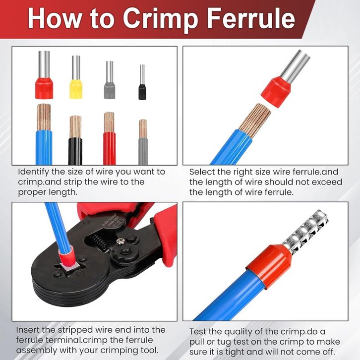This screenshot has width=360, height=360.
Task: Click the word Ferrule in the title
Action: pyautogui.click(x=251, y=18)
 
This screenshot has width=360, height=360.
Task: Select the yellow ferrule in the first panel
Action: pyautogui.click(x=76, y=77)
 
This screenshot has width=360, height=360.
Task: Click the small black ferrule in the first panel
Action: pyautogui.click(x=142, y=82)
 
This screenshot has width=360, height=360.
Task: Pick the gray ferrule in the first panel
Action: pyautogui.click(x=110, y=80)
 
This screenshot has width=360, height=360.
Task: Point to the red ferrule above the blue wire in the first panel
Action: pyautogui.click(x=44, y=75)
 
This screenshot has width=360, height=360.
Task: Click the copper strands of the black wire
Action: pyautogui.click(x=75, y=127)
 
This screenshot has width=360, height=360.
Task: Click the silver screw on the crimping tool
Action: pyautogui.click(x=121, y=241)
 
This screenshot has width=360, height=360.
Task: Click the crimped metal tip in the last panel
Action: pyautogui.click(x=305, y=233)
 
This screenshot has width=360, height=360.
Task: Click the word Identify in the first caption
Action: pyautogui.click(x=34, y=172)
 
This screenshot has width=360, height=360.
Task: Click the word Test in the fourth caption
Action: pyautogui.click(x=198, y=332)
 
